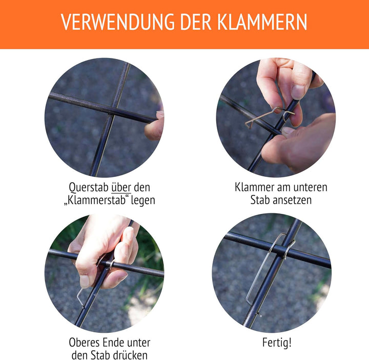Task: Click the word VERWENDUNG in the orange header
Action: click(118, 22)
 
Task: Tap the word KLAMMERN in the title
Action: click(262, 22)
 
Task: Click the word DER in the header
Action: click(196, 22)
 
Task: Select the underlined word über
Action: click(121, 187)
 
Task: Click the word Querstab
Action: click(89, 188)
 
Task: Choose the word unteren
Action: click(311, 188)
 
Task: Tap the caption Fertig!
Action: click(277, 343)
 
